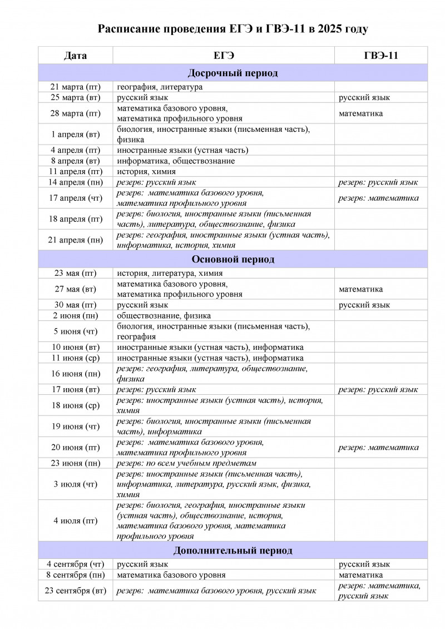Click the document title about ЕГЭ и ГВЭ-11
pos(233,29)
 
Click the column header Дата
pos(75,56)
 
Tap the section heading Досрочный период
pos(233,73)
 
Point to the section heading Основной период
pos(233,259)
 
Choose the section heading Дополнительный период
pos(233,551)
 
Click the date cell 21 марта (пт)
pos(75,87)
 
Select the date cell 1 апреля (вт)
pos(75,135)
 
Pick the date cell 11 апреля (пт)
pos(75,171)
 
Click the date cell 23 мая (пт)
pos(75,273)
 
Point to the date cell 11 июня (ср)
pos(75,358)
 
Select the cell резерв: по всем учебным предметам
pos(186,463)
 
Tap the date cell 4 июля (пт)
pos(75,521)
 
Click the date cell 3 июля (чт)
pos(75,484)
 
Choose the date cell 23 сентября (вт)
pos(75,591)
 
